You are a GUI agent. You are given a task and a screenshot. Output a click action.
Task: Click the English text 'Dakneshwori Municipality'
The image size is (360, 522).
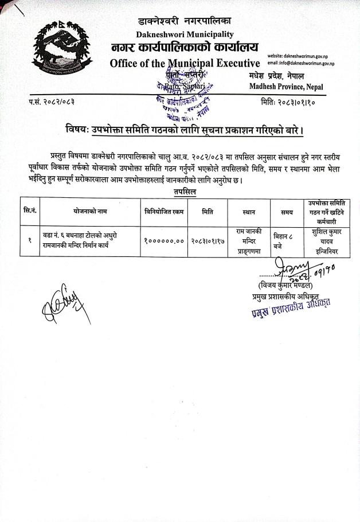(185, 34)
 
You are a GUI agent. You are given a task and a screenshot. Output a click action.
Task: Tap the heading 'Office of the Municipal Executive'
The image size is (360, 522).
(185, 63)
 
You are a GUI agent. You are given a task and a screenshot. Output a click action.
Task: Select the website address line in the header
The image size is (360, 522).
(302, 55)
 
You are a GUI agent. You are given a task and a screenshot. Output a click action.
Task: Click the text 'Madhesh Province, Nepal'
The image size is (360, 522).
(286, 87)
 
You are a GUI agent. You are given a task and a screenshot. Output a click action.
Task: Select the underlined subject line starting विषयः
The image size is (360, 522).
(184, 130)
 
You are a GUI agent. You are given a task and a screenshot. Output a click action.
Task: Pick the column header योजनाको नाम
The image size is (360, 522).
(90, 212)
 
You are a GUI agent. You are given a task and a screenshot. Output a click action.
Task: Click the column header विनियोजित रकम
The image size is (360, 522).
(165, 212)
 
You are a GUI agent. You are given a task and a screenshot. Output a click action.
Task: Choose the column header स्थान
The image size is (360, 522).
(249, 212)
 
